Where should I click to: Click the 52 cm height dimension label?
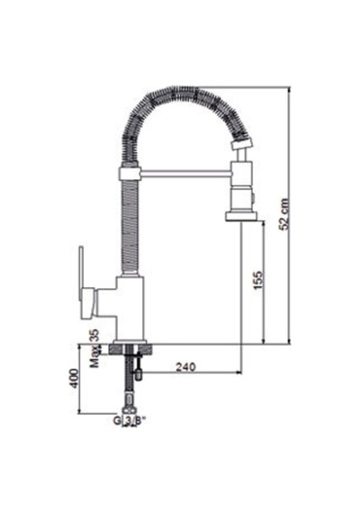284,214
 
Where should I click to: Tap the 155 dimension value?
258,280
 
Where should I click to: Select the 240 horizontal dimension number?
185,367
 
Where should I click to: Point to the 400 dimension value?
75,379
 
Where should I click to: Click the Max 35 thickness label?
94,348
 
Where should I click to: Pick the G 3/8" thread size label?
130,420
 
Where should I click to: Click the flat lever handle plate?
81,274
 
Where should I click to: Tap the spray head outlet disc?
241,217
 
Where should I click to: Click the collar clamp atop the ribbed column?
130,174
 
